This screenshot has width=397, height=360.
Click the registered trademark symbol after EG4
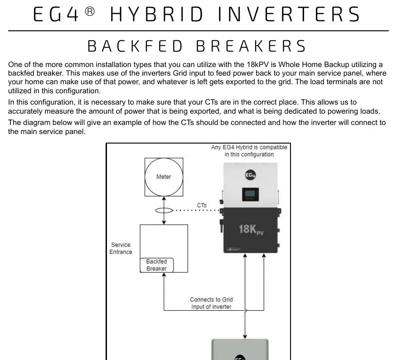(90, 11)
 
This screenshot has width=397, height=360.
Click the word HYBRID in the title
(157, 14)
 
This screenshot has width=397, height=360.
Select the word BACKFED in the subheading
(135, 46)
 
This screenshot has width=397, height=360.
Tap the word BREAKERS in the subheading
(251, 46)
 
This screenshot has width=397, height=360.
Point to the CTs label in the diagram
(202, 205)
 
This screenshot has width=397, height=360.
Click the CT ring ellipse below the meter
(155, 210)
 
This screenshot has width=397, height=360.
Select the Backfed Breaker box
(157, 265)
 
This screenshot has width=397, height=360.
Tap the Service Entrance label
(121, 249)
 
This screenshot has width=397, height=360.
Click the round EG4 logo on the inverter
(251, 175)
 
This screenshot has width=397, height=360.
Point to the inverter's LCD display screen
(251, 194)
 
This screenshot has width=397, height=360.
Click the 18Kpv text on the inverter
(251, 229)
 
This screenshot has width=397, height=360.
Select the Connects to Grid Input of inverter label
(211, 303)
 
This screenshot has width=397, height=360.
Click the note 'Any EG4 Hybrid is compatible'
(249, 147)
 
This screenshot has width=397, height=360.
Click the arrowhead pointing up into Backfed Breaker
(164, 275)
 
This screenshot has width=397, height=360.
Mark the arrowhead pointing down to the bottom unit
(245, 337)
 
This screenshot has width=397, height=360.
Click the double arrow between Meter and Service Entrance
(164, 211)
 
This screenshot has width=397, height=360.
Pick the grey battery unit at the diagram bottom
(240, 350)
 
